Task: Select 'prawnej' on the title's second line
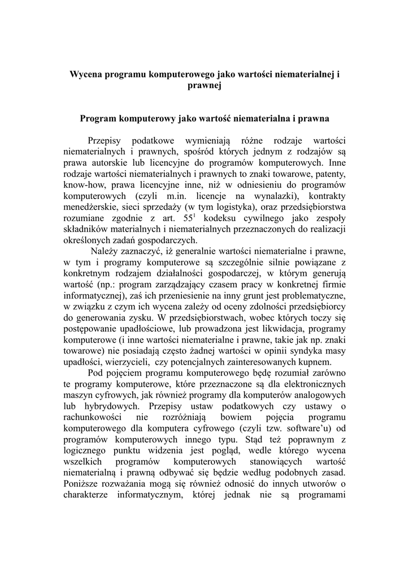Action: pyautogui.click(x=204, y=85)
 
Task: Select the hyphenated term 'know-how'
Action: pyautogui.click(x=82, y=184)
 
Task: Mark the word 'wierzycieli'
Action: pyautogui.click(x=127, y=362)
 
